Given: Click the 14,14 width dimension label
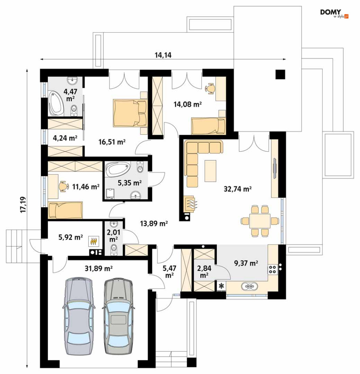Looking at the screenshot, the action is [163, 55].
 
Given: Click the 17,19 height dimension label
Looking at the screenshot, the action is [24, 205].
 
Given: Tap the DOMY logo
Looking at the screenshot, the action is [334, 13].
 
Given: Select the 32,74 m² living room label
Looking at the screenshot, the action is [238, 189].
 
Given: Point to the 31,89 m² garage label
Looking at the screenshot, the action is [99, 269].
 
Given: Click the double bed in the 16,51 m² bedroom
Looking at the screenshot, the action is [130, 113].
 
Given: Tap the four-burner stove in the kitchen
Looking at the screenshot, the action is [272, 269].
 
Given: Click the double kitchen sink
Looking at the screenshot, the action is [249, 286].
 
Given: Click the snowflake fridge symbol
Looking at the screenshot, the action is [221, 286].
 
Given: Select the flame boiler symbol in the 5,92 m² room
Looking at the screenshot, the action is [94, 241].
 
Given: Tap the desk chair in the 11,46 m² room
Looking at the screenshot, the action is [63, 186].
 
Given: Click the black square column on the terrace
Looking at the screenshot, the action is [280, 75].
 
